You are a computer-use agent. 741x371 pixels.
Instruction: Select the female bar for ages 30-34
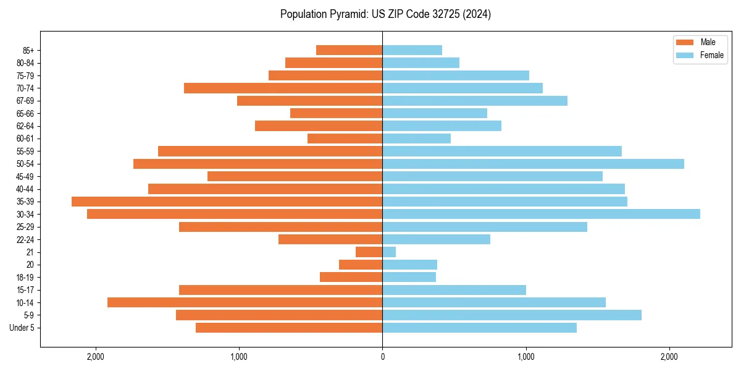click(x=541, y=214)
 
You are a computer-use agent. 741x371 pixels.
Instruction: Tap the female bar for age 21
click(x=389, y=252)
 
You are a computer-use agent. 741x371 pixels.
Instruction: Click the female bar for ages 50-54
click(x=533, y=164)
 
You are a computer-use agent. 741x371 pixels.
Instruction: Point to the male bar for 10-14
click(x=245, y=302)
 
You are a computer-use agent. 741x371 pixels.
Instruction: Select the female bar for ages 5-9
click(x=512, y=315)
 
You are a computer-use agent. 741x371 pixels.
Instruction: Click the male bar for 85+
click(x=349, y=50)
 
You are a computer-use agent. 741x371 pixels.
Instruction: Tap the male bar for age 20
click(x=361, y=265)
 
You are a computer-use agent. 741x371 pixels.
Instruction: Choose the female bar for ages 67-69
click(x=475, y=101)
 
